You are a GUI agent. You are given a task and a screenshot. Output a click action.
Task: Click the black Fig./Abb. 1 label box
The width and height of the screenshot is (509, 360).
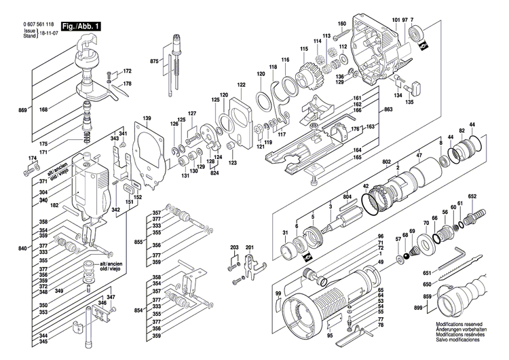[81, 26]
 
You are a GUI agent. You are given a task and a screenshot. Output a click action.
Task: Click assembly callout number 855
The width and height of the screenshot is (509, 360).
[138, 241]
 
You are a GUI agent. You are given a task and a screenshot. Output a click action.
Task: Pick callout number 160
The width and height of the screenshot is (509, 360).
[342, 24]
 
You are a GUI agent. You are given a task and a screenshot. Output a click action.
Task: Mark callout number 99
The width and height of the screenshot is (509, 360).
[278, 293]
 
